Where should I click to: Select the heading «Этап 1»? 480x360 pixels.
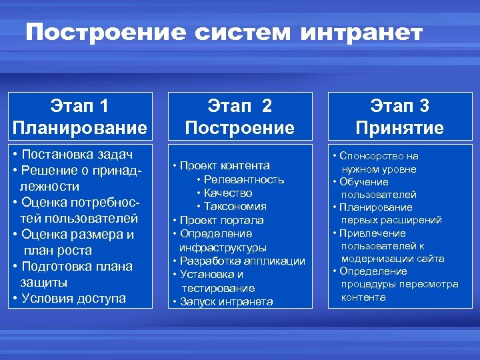click(x=79, y=105)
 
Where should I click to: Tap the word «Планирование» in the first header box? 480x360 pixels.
click(x=79, y=127)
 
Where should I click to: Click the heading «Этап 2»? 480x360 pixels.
click(x=239, y=105)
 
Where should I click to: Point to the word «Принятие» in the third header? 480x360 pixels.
click(x=400, y=127)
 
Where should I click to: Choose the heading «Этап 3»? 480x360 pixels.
click(x=400, y=105)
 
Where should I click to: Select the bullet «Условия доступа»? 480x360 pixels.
click(x=73, y=298)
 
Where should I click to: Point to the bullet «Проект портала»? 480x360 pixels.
click(x=221, y=220)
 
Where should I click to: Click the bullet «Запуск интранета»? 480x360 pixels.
click(x=226, y=302)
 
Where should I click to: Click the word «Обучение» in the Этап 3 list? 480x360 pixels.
click(x=364, y=182)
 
